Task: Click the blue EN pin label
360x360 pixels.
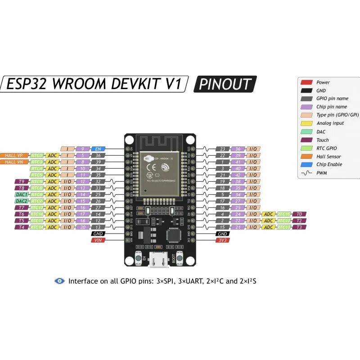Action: coord(98,148)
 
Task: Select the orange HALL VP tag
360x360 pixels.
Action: coord(14,155)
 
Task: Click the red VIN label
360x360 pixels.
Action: coord(98,240)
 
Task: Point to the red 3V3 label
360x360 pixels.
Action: coord(223,240)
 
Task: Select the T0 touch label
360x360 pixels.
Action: coord(299,214)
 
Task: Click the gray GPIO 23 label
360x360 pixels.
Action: coord(223,148)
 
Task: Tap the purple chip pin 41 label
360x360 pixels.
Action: coord(238,162)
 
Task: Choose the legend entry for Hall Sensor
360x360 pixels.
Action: coord(328,156)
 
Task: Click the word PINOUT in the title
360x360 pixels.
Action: coord(225,84)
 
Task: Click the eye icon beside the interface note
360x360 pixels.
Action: coord(59,281)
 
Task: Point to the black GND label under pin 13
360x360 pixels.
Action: coord(98,234)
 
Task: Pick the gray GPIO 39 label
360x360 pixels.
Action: coord(98,162)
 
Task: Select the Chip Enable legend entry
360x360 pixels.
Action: coord(329,164)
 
